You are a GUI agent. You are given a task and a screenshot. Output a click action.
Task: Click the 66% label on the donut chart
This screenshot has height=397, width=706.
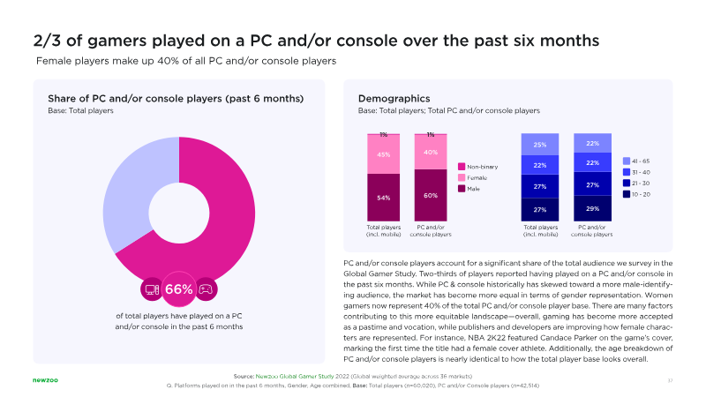point(179,289)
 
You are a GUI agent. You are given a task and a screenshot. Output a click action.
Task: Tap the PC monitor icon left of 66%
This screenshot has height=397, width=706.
point(152,288)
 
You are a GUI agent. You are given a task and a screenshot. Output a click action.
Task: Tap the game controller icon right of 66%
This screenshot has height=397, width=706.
point(205,288)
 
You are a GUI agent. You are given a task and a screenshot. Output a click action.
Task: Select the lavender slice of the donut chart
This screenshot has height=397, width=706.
point(132,194)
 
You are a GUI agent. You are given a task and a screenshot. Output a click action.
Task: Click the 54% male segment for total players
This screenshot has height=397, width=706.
point(384,198)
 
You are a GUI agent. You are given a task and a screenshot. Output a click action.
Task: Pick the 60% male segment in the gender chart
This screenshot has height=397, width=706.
point(431,195)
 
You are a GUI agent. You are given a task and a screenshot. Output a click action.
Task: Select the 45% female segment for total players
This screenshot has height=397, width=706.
point(384,155)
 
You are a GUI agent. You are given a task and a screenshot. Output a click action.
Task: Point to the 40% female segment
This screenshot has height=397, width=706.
point(431,152)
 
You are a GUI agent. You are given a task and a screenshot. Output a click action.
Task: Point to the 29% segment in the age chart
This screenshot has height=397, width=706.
point(592,207)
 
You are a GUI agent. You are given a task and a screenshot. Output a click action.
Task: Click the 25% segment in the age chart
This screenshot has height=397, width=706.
point(539,145)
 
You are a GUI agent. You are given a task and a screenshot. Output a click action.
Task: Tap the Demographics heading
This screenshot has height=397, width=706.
point(394,98)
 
